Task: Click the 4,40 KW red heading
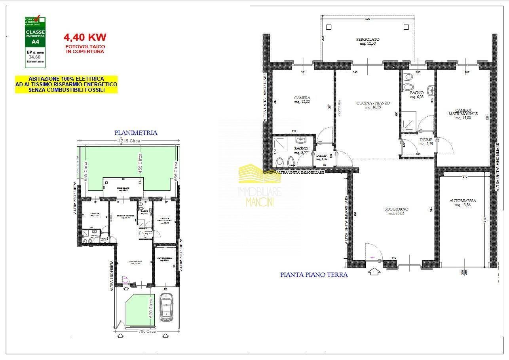click(x=85, y=37)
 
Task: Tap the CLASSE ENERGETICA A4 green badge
click(x=35, y=42)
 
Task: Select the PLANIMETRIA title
click(x=136, y=133)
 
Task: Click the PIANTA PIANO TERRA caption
click(x=314, y=275)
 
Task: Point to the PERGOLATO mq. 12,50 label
click(x=368, y=42)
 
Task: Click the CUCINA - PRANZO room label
click(x=367, y=105)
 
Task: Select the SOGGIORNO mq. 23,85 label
click(x=396, y=212)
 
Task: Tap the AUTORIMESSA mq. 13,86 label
click(x=463, y=203)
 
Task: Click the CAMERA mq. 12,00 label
click(x=302, y=100)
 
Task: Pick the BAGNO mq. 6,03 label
click(x=417, y=95)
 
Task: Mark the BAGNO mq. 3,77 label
click(x=301, y=150)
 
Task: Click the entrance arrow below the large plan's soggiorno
click(x=374, y=271)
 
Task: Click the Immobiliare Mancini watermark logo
click(x=259, y=186)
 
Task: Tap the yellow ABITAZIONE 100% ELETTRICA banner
click(x=66, y=84)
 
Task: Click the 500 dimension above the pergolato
click(x=367, y=19)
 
